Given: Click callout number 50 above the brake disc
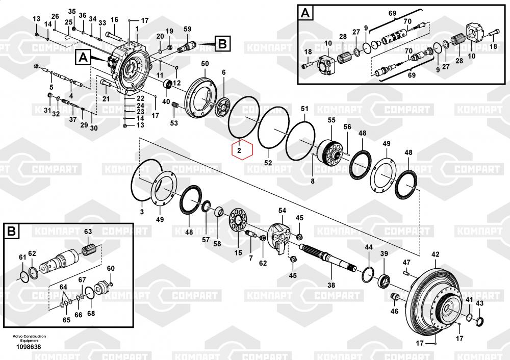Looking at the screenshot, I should [205, 63].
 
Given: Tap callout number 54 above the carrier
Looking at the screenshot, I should [282, 211].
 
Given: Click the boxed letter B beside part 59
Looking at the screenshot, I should [222, 44].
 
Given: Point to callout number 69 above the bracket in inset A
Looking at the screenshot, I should [392, 13].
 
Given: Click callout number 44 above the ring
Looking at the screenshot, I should [368, 247].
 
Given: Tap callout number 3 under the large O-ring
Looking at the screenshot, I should [142, 211].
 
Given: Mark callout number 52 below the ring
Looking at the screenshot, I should [268, 163].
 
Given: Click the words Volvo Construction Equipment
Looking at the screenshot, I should [30, 338].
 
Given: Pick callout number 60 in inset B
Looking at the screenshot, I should [111, 269].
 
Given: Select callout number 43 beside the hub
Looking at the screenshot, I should [479, 303].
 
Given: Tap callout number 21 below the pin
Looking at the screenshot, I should [106, 98].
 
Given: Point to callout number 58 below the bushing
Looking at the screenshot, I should [217, 244].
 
